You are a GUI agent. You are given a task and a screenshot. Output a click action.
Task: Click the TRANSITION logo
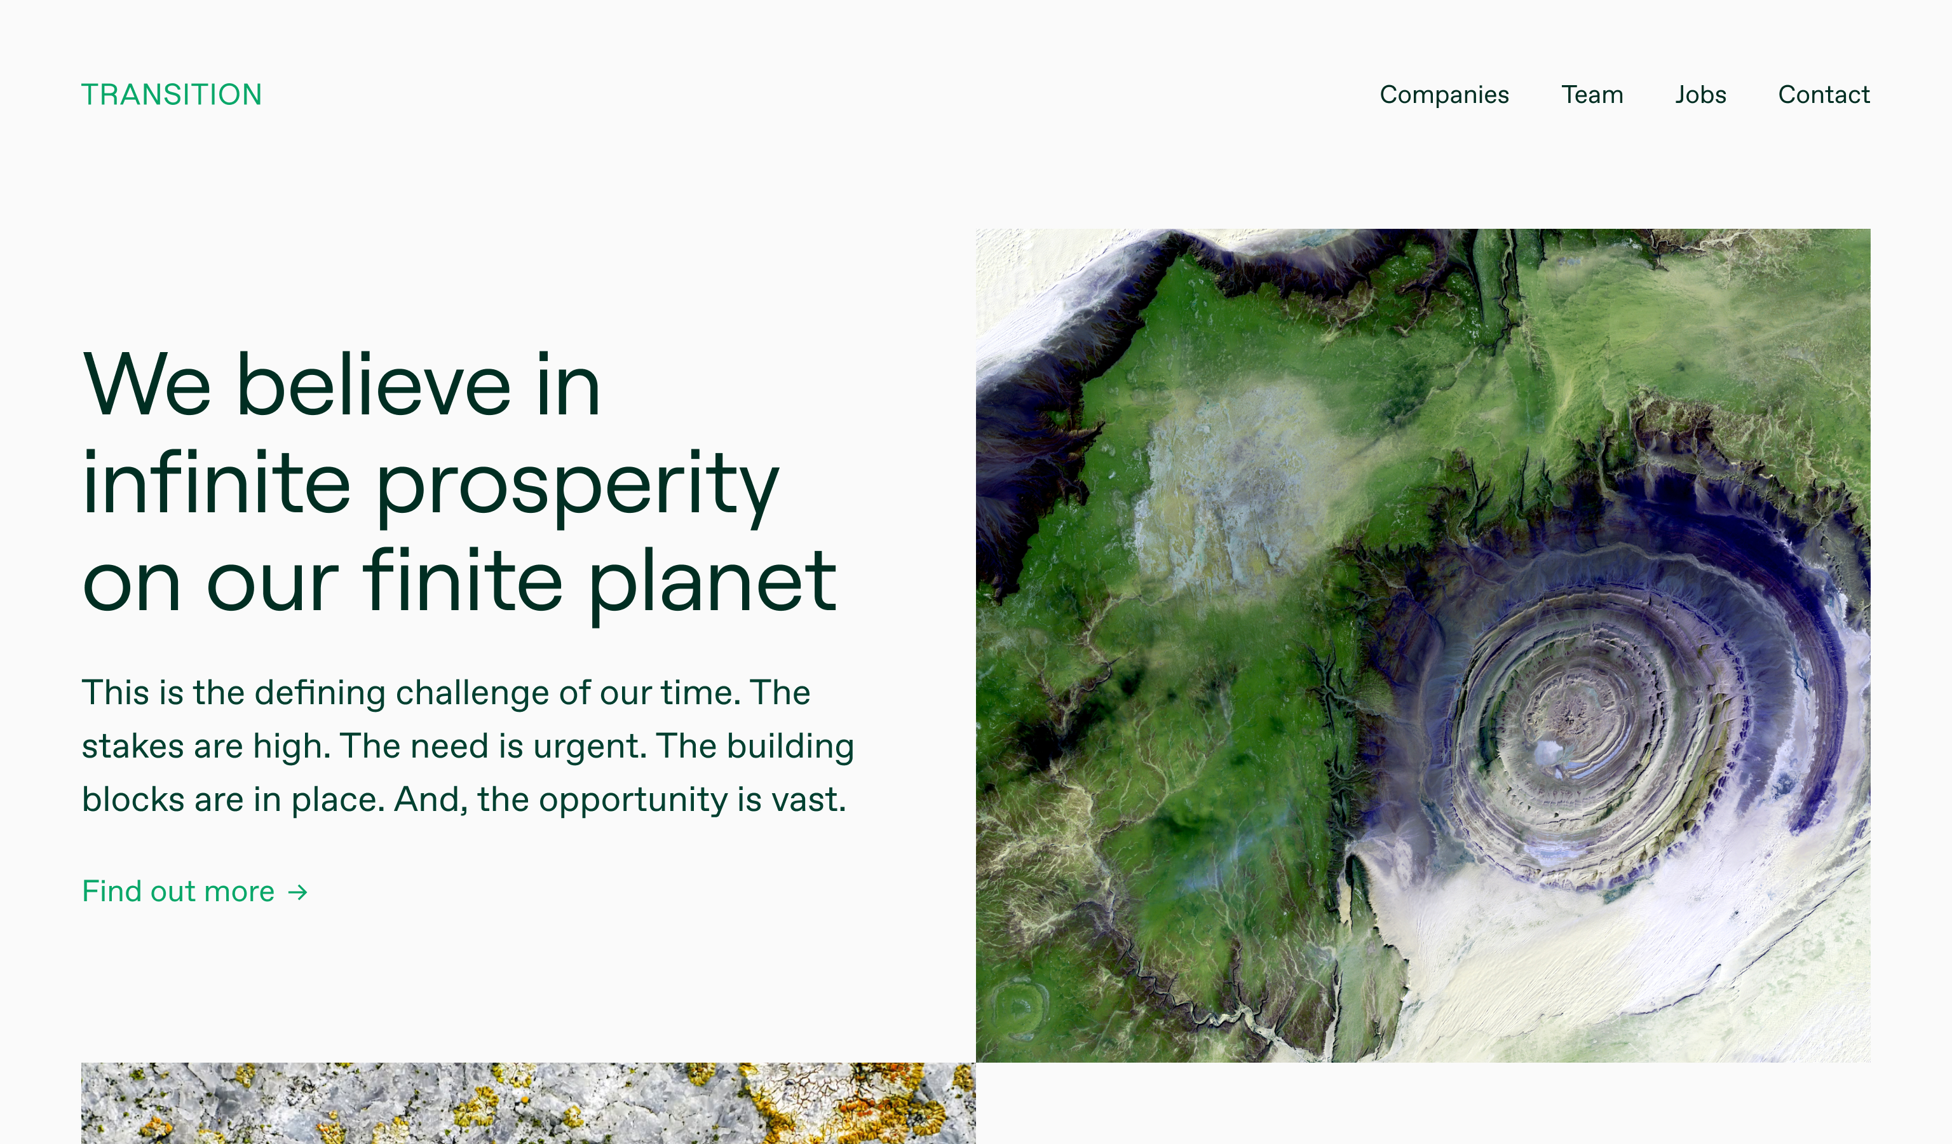pos(171,95)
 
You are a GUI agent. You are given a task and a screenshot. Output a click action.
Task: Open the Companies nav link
pos(1444,95)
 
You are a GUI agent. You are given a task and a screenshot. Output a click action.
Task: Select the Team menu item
pos(1592,95)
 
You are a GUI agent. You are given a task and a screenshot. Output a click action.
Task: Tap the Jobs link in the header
pos(1700,95)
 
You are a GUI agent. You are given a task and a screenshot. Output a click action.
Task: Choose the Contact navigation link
pos(1824,95)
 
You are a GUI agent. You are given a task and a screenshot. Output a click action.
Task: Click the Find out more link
pos(194,892)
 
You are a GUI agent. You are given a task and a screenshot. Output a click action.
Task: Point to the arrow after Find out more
pos(297,892)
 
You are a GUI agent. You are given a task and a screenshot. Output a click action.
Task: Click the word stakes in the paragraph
pos(132,747)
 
